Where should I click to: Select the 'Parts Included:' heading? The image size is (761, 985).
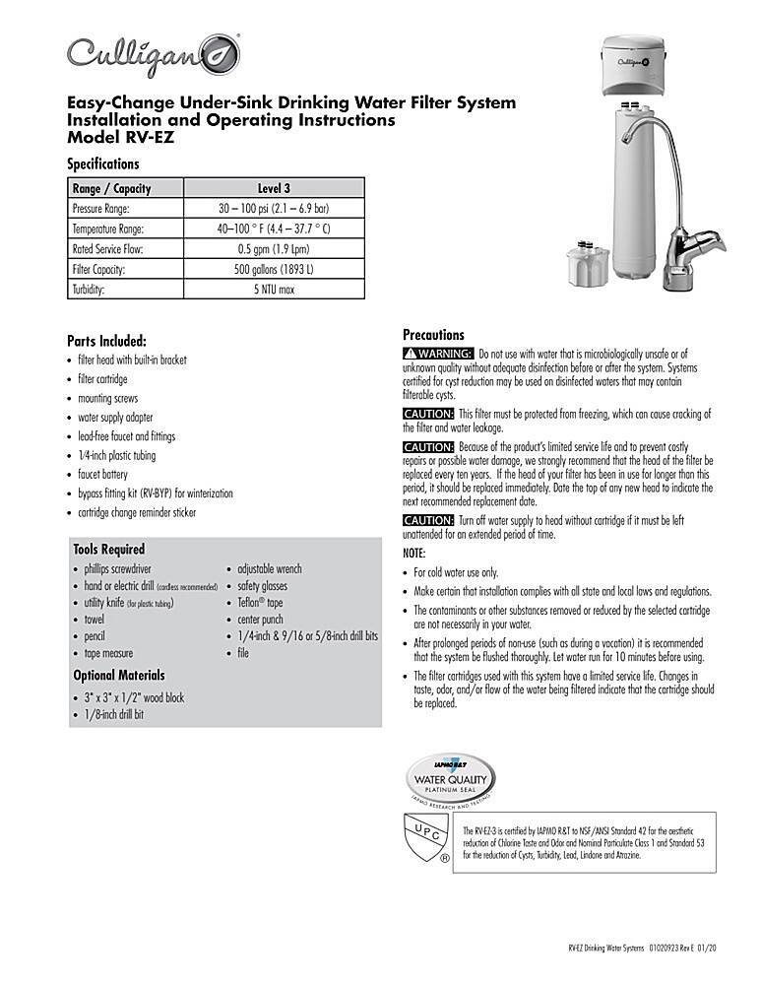point(106,341)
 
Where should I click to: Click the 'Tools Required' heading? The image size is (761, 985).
point(108,549)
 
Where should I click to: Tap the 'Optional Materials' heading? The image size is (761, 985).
point(119,676)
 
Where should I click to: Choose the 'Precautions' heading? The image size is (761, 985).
point(433,335)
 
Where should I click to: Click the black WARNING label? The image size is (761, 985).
point(438,354)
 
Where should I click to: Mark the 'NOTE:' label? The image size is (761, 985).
point(414,554)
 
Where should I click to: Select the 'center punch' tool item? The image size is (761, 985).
point(261,620)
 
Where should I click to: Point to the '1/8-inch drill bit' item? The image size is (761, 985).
point(113,715)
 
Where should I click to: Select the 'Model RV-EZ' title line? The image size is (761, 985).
point(112,138)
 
